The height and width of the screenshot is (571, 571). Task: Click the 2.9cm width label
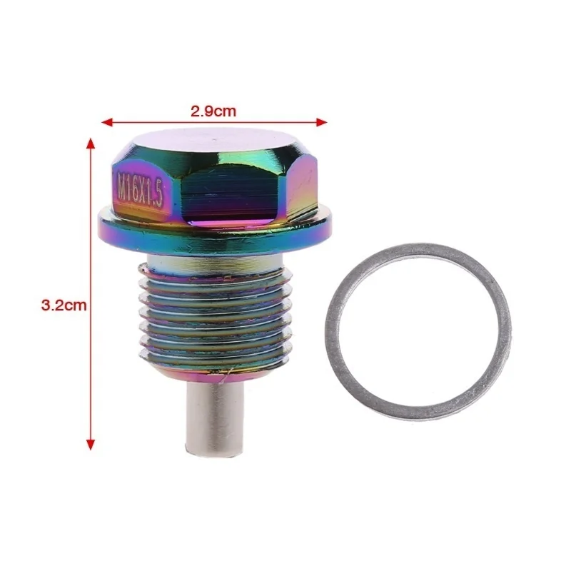point(213,111)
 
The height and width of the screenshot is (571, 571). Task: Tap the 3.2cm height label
point(64,305)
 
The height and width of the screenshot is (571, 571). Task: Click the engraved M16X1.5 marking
point(139,190)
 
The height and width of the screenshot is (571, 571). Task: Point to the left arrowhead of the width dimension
point(106,122)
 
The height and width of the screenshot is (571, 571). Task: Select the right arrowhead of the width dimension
point(322,122)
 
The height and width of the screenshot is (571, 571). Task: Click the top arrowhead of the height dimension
point(91,143)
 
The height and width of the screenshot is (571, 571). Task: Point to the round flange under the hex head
point(215,233)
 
